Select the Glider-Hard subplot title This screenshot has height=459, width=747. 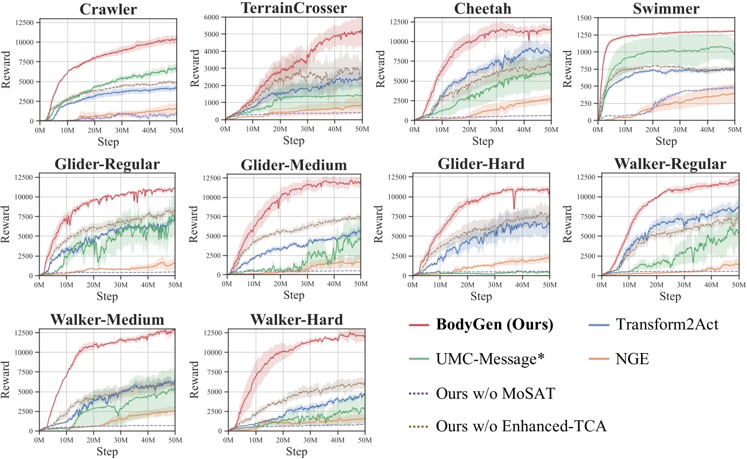click(481, 165)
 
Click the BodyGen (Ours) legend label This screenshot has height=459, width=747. click(495, 325)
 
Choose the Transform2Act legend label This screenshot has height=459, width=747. click(667, 325)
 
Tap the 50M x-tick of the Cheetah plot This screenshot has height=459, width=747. click(550, 130)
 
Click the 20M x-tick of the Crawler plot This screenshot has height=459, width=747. click(93, 130)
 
